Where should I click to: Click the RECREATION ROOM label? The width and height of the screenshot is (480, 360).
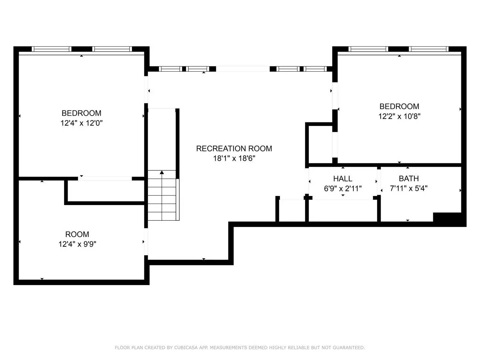[x=234, y=149]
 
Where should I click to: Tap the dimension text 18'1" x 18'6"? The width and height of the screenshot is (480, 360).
[x=234, y=158]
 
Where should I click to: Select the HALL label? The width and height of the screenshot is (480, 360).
[x=343, y=179]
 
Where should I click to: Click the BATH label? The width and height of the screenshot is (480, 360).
[x=409, y=179]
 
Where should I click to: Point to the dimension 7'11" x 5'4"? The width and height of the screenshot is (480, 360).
[x=409, y=188]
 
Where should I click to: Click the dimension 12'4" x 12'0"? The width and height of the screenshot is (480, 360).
[x=81, y=123]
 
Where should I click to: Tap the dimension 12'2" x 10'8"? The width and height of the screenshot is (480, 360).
[x=399, y=116]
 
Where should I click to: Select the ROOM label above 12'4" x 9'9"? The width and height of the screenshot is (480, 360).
[x=77, y=234]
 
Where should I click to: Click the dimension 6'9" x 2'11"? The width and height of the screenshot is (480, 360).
[x=343, y=189]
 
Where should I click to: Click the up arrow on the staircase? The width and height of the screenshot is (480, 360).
[x=162, y=173]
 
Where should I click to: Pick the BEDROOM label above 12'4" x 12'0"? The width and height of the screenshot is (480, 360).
[x=81, y=113]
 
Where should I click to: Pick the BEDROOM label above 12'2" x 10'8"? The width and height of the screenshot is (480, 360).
[x=399, y=107]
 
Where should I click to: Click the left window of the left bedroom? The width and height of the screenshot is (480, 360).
[x=52, y=49]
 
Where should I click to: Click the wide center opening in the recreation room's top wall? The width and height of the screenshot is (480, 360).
[x=243, y=69]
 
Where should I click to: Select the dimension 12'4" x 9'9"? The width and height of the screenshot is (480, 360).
[x=77, y=244]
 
